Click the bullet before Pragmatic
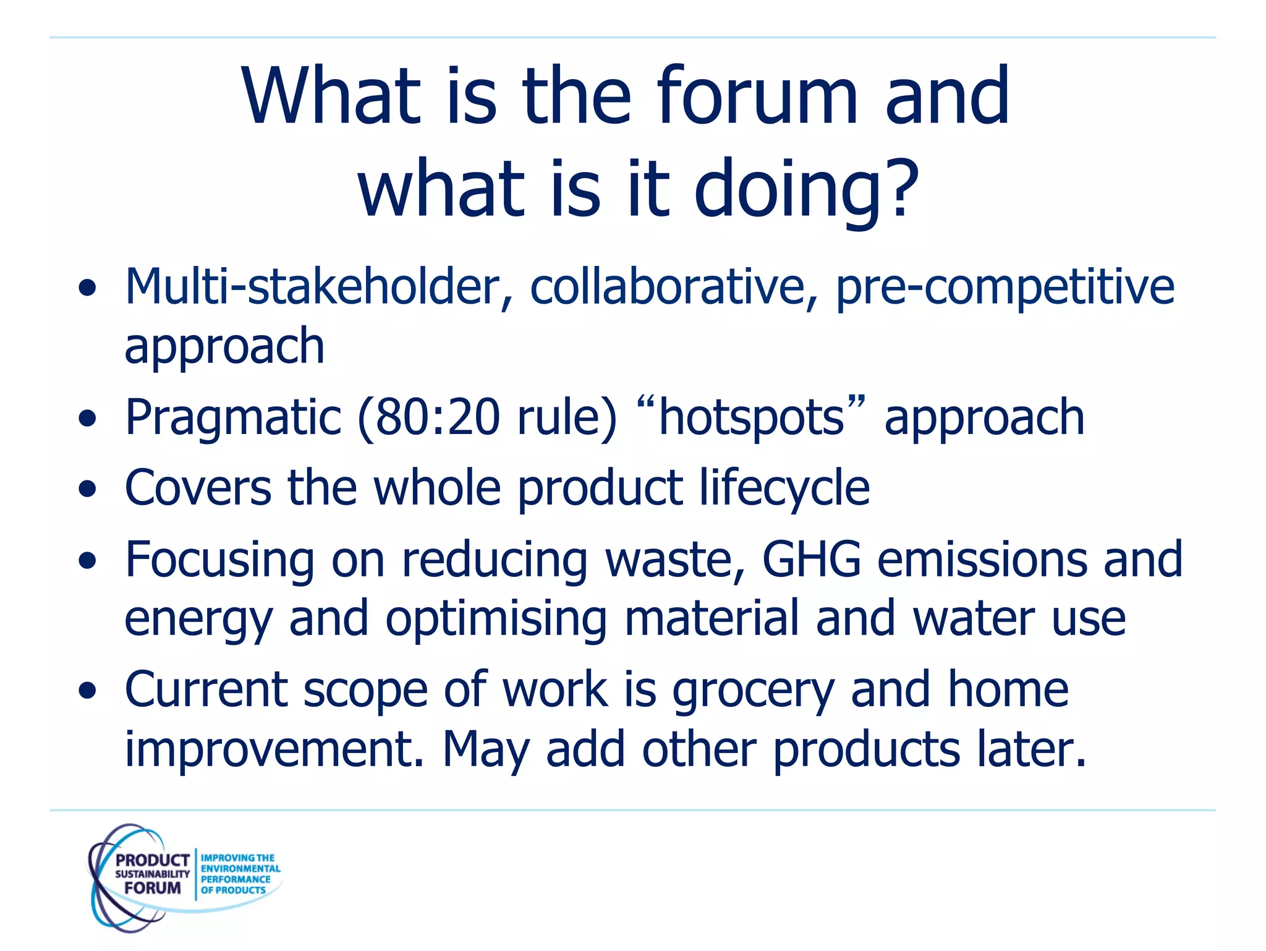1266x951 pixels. (88, 419)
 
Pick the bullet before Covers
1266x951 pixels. (88, 489)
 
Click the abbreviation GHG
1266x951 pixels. (811, 560)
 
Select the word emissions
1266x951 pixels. (982, 560)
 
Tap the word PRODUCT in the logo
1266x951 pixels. (152, 860)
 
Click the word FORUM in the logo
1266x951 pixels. (152, 888)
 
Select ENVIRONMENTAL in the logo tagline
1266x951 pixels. (240, 869)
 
